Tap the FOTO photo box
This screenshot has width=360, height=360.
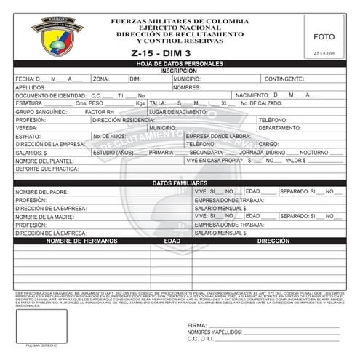[324, 36]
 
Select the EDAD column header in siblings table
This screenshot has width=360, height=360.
[172, 240]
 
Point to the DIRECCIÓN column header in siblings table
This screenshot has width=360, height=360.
[273, 240]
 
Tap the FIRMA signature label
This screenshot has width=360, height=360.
[197, 325]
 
